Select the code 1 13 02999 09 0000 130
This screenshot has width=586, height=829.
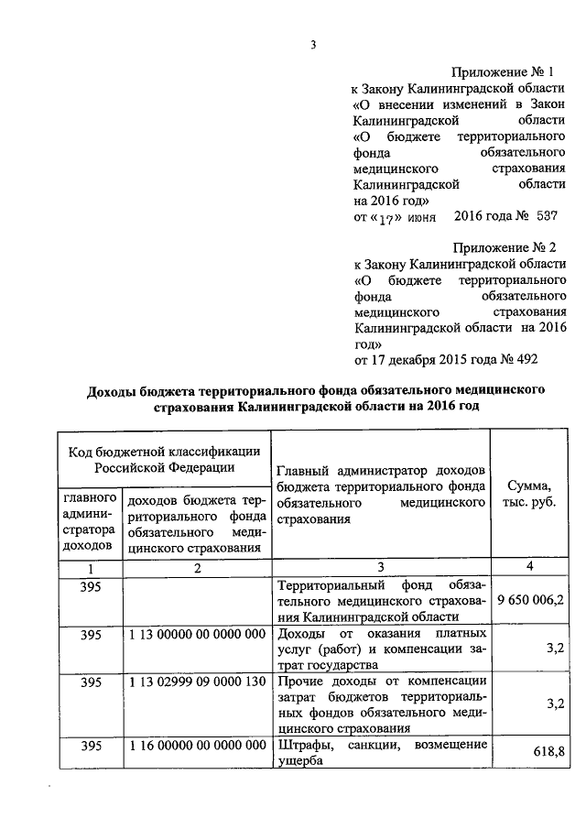coord(197,682)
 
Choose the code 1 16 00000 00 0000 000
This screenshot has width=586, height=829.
coord(197,746)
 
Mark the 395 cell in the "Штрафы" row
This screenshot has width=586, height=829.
coord(91,746)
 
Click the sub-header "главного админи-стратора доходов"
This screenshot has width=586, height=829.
coord(91,521)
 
